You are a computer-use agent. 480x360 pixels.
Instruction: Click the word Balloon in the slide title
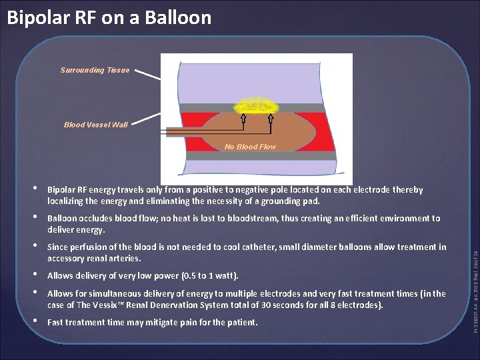click(175, 17)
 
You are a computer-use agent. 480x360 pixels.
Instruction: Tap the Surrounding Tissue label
click(95, 70)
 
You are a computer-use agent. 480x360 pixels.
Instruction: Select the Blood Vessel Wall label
click(95, 124)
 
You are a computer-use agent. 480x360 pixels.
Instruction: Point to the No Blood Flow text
click(250, 147)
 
